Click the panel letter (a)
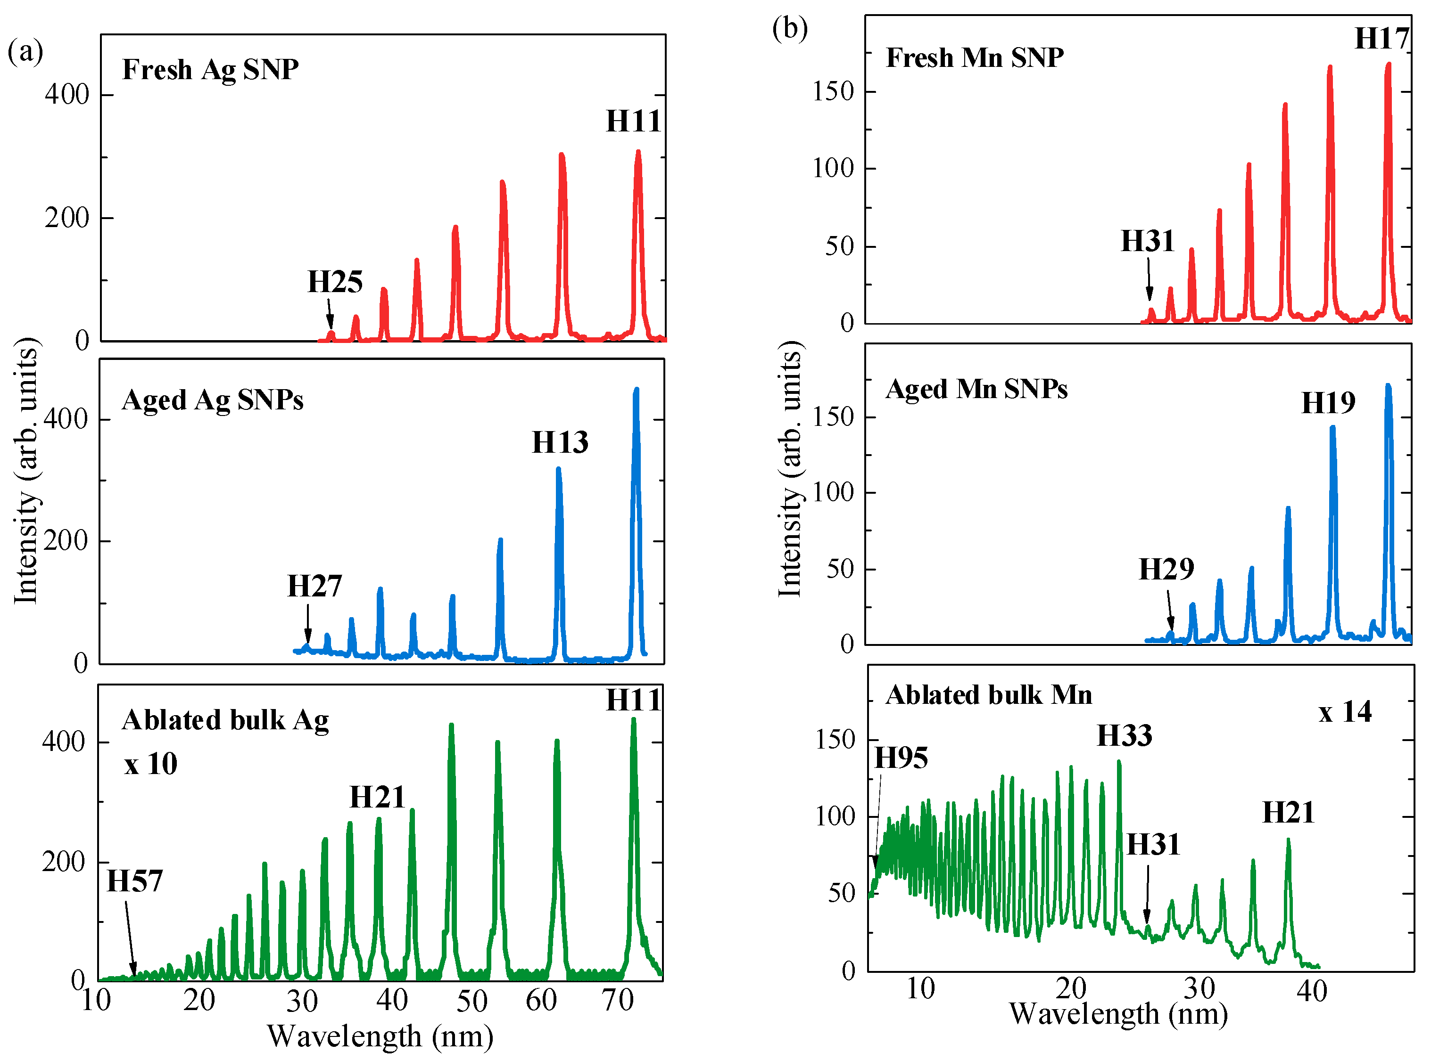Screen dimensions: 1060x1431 25,51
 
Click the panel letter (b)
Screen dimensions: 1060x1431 790,28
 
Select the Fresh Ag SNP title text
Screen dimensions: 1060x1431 211,69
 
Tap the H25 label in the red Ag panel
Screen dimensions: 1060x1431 335,282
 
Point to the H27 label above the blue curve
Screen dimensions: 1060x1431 314,586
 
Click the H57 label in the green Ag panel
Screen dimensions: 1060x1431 135,881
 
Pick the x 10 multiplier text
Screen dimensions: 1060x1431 151,764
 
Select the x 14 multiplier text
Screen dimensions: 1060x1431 1345,712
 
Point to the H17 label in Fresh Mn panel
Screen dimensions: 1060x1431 1381,39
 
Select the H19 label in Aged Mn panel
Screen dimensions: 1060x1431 1328,403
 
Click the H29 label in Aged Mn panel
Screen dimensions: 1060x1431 1166,569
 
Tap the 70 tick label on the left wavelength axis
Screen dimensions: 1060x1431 618,1000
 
